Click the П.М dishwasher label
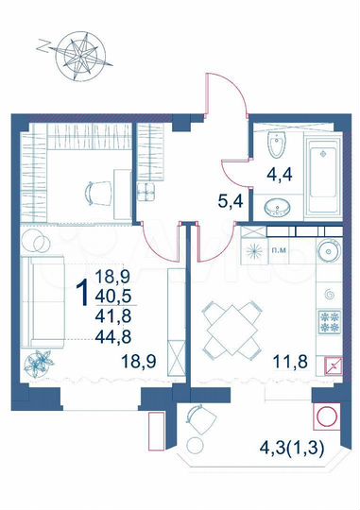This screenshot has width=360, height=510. point(281,251)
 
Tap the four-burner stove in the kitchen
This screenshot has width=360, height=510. point(332,324)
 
